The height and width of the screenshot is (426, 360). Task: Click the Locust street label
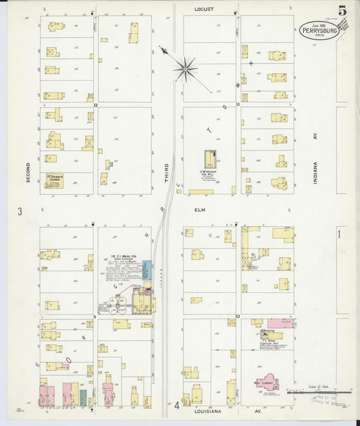tap(203, 9)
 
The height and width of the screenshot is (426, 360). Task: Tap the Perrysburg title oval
tap(319, 30)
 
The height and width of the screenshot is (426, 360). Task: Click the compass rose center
tap(184, 68)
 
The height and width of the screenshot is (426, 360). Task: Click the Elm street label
tap(200, 210)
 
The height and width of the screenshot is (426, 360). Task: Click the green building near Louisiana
tap(83, 397)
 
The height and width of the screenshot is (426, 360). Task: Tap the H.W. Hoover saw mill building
tap(211, 160)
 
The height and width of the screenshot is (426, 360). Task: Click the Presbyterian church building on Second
tap(54, 180)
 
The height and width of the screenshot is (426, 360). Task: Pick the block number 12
tap(96, 105)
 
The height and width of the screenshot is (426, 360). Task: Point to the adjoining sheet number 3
tap(20, 211)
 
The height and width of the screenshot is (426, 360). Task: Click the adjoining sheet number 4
tap(176, 405)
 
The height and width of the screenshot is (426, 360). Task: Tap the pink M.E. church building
tap(269, 383)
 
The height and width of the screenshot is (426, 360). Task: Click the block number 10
tap(238, 315)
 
